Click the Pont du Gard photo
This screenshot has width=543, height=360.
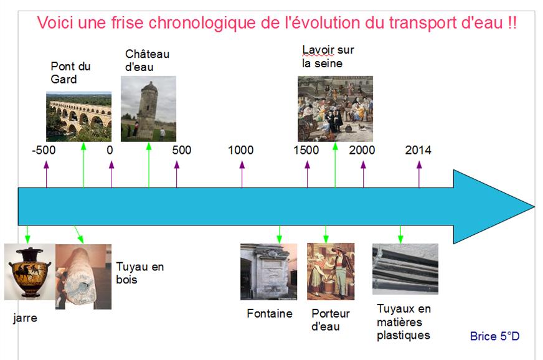pos(78,116)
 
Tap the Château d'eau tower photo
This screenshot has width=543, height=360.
pos(148,109)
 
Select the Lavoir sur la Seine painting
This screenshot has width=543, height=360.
pos(335,109)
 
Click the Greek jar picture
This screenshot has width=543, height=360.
pos(30,272)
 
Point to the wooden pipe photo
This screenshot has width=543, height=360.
pos(83,277)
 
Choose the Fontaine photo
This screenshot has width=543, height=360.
pos(269,272)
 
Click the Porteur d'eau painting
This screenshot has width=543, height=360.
pos(331,272)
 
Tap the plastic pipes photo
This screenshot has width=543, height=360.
pos(405,269)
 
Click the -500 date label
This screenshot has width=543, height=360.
pos(44,150)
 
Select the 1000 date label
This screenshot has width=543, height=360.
pos(241,150)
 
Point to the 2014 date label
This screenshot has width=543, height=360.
pos(418,150)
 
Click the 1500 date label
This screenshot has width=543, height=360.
pos(306,150)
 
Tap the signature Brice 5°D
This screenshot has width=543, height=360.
pos(494,336)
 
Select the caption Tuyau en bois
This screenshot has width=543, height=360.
pos(139,273)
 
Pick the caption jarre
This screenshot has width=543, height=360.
pos(25,318)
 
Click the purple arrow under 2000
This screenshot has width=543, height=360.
pos(363,174)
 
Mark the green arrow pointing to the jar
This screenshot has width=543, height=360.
pos(27,234)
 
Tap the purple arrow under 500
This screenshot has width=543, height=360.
pos(177,174)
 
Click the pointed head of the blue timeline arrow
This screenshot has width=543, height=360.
pos(534,207)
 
